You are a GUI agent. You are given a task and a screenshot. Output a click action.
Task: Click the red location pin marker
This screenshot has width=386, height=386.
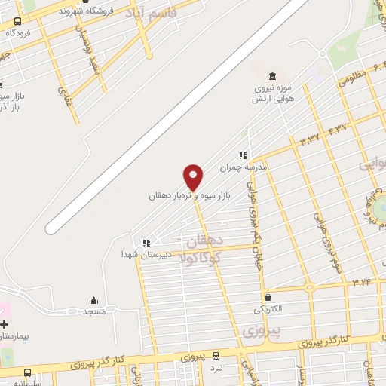click(193, 177)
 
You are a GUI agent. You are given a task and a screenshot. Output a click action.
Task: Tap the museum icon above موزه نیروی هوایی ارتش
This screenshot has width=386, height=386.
click(272, 75)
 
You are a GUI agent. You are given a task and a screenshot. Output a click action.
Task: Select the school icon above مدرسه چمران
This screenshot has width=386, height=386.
click(244, 155)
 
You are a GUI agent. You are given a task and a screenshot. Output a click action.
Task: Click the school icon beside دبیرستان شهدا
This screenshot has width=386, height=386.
click(146, 243)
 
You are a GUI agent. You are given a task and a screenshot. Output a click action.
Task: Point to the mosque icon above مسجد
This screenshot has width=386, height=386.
click(94, 300)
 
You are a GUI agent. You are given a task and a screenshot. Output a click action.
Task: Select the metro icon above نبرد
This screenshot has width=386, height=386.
click(216, 356)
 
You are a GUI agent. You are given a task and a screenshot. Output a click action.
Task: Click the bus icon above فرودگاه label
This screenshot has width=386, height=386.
click(17, 22)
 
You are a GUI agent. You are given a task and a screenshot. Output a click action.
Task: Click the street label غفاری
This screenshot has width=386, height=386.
click(63, 94)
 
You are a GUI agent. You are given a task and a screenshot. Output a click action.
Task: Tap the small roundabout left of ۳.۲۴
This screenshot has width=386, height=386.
click(308, 286)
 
